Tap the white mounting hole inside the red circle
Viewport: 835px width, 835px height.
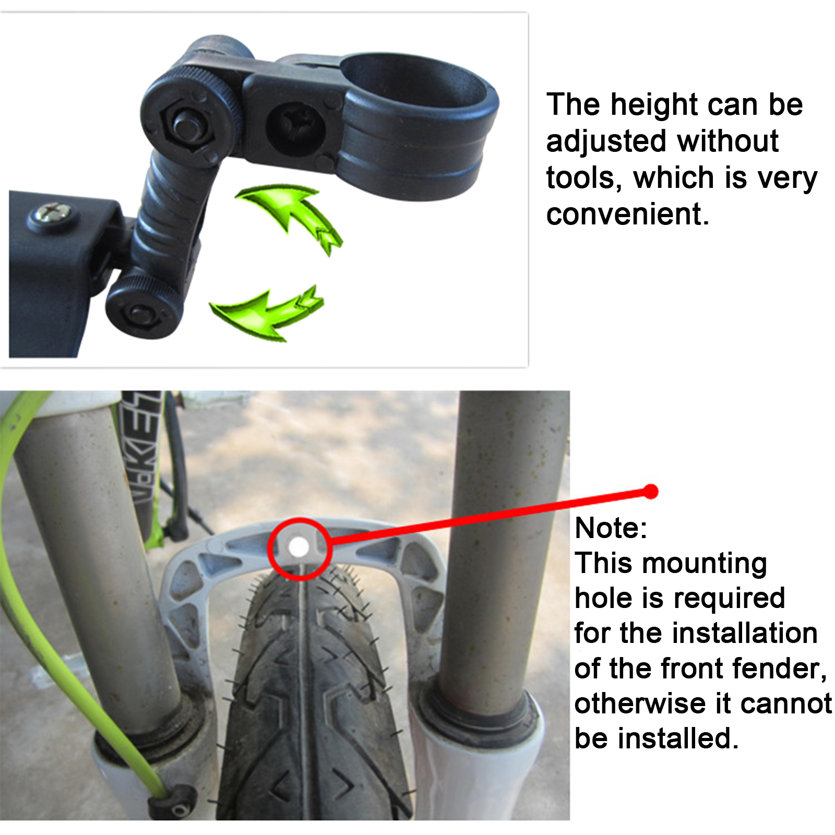[x=299, y=547]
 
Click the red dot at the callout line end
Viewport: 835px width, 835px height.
[x=651, y=491]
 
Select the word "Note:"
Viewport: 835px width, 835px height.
[x=611, y=528]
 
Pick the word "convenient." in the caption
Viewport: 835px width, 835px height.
[x=628, y=214]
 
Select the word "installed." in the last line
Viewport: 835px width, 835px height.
[x=678, y=738]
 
